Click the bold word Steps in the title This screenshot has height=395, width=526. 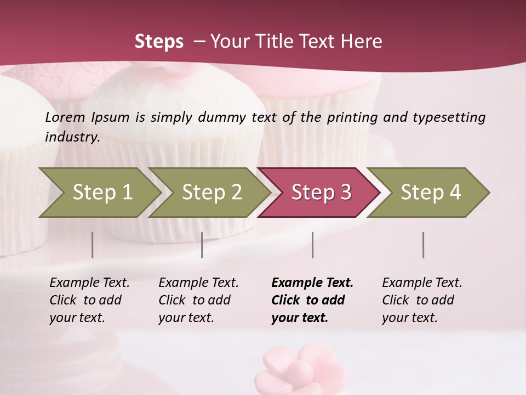(x=159, y=42)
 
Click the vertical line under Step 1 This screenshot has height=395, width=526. (x=93, y=245)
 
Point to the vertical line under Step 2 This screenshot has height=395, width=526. (x=202, y=245)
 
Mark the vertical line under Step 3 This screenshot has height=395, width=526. (x=313, y=245)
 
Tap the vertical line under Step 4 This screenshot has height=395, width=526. (x=424, y=245)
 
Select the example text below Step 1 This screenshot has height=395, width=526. (x=89, y=300)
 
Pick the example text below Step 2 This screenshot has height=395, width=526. (x=198, y=300)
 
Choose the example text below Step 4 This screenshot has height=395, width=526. (x=421, y=300)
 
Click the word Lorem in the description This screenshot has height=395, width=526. (x=65, y=117)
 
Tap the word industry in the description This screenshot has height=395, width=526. (x=72, y=137)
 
